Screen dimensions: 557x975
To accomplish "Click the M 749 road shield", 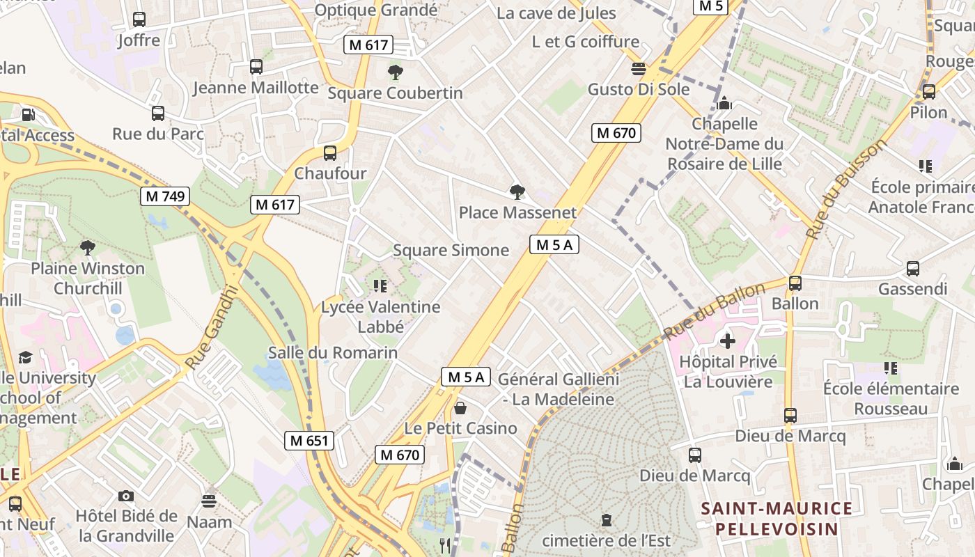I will pos(166,196).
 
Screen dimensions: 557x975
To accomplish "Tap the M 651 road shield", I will pos(309,441).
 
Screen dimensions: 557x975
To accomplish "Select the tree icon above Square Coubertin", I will pos(395,72).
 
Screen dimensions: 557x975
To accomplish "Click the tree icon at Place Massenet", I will pos(517,191).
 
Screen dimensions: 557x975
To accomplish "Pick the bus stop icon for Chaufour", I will pos(330,153).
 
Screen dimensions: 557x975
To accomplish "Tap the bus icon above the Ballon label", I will pos(795,283).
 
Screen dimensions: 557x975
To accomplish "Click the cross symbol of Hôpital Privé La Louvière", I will pos(728,341).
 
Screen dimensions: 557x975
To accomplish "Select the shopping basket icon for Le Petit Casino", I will pos(460,407).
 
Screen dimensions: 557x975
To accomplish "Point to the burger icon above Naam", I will pos(209,501).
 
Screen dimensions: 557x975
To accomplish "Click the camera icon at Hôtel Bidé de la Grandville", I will pos(125,496).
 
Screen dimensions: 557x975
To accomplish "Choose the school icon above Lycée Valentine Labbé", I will pos(380,285).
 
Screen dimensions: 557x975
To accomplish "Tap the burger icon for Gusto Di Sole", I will pos(638,69).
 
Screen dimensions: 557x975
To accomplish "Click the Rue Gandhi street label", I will pos(213,327).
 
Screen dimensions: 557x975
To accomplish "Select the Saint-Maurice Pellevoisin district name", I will pos(777,518).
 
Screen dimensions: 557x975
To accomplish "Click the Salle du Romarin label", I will pos(333,353).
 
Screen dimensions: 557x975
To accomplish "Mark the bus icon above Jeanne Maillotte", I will pos(256,67).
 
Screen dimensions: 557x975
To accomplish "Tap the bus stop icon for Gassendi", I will pos(912,269).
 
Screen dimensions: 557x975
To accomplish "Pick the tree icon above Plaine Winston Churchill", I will pos(87,247).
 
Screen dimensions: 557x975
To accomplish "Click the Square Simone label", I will pos(451,251).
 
